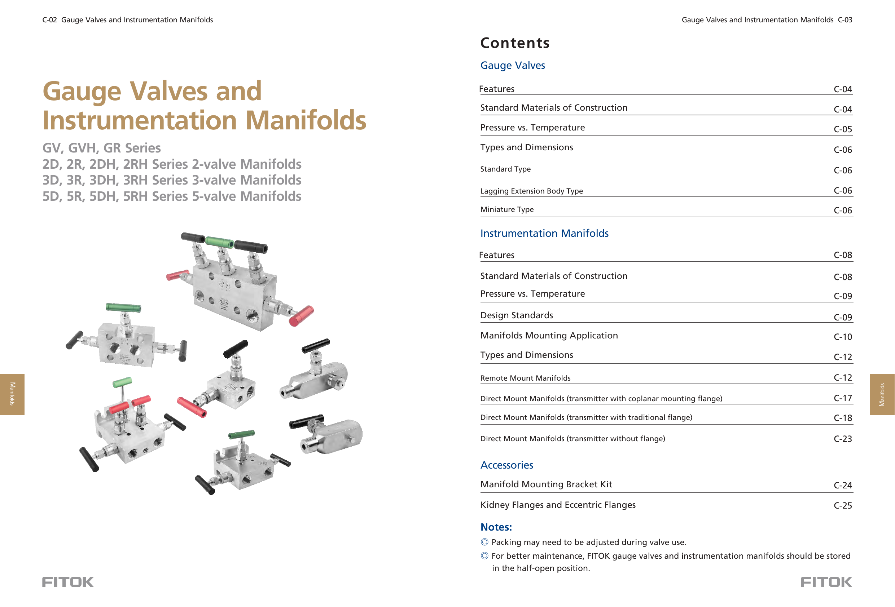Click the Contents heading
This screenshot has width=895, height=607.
pyautogui.click(x=514, y=43)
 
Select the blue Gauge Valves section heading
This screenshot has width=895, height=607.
pyautogui.click(x=512, y=66)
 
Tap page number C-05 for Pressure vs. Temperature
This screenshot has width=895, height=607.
pyautogui.click(x=842, y=129)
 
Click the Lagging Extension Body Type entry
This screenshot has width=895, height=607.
pyautogui.click(x=531, y=191)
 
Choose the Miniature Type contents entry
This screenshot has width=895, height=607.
pyautogui.click(x=507, y=209)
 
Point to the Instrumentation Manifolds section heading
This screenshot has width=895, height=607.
pyautogui.click(x=544, y=233)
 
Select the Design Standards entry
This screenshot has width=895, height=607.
pyautogui.click(x=517, y=315)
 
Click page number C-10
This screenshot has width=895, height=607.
pyautogui.click(x=842, y=337)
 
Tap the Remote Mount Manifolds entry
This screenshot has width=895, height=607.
pyautogui.click(x=525, y=378)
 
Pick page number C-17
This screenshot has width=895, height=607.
pyautogui.click(x=842, y=398)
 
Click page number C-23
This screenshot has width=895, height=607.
pyautogui.click(x=842, y=439)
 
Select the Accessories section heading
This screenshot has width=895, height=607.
pyautogui.click(x=506, y=465)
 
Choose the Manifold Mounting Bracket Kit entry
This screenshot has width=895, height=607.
pyautogui.click(x=546, y=484)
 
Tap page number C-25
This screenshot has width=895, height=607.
pyautogui.click(x=842, y=505)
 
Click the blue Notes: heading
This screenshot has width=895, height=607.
pyautogui.click(x=496, y=527)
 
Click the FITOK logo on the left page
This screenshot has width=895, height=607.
pyautogui.click(x=68, y=582)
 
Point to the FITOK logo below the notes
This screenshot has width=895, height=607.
pyautogui.click(x=826, y=582)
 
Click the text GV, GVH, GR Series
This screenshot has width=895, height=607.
pyautogui.click(x=101, y=148)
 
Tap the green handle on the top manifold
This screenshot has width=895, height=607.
pyautogui.click(x=219, y=242)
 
